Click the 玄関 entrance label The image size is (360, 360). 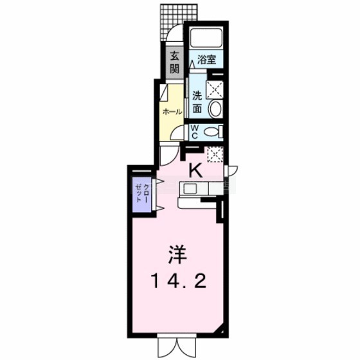pyautogui.click(x=175, y=62)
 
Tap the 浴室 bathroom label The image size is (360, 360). pyautogui.click(x=207, y=60)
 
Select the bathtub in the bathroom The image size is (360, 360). pyautogui.click(x=206, y=37)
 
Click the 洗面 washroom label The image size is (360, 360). pyautogui.click(x=197, y=102)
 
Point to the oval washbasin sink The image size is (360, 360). pyautogui.click(x=215, y=109)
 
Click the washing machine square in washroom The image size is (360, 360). pyautogui.click(x=215, y=90)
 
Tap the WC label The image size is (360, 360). pyautogui.click(x=195, y=132)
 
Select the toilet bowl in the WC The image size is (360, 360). pyautogui.click(x=212, y=132)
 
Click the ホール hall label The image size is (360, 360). pyautogui.click(x=172, y=112)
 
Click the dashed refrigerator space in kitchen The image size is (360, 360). pyautogui.click(x=215, y=154)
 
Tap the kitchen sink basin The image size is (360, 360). pyautogui.click(x=190, y=189)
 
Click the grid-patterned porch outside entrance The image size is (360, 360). pyautogui.click(x=179, y=22)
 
